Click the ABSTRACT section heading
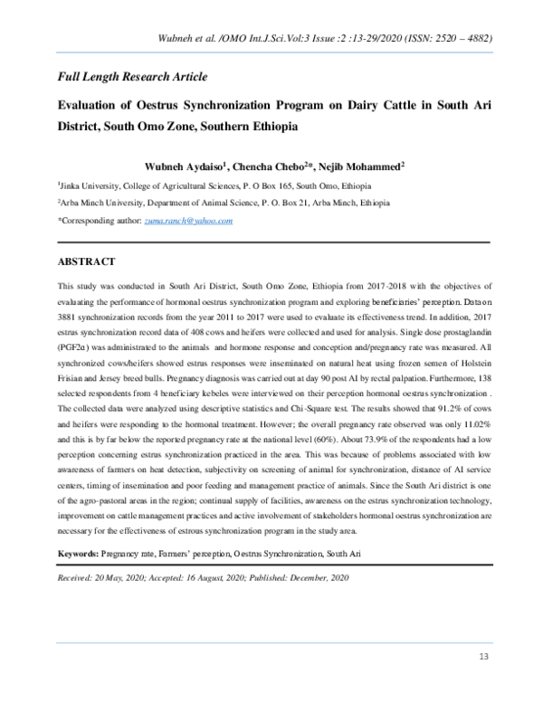pyautogui.click(x=86, y=261)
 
